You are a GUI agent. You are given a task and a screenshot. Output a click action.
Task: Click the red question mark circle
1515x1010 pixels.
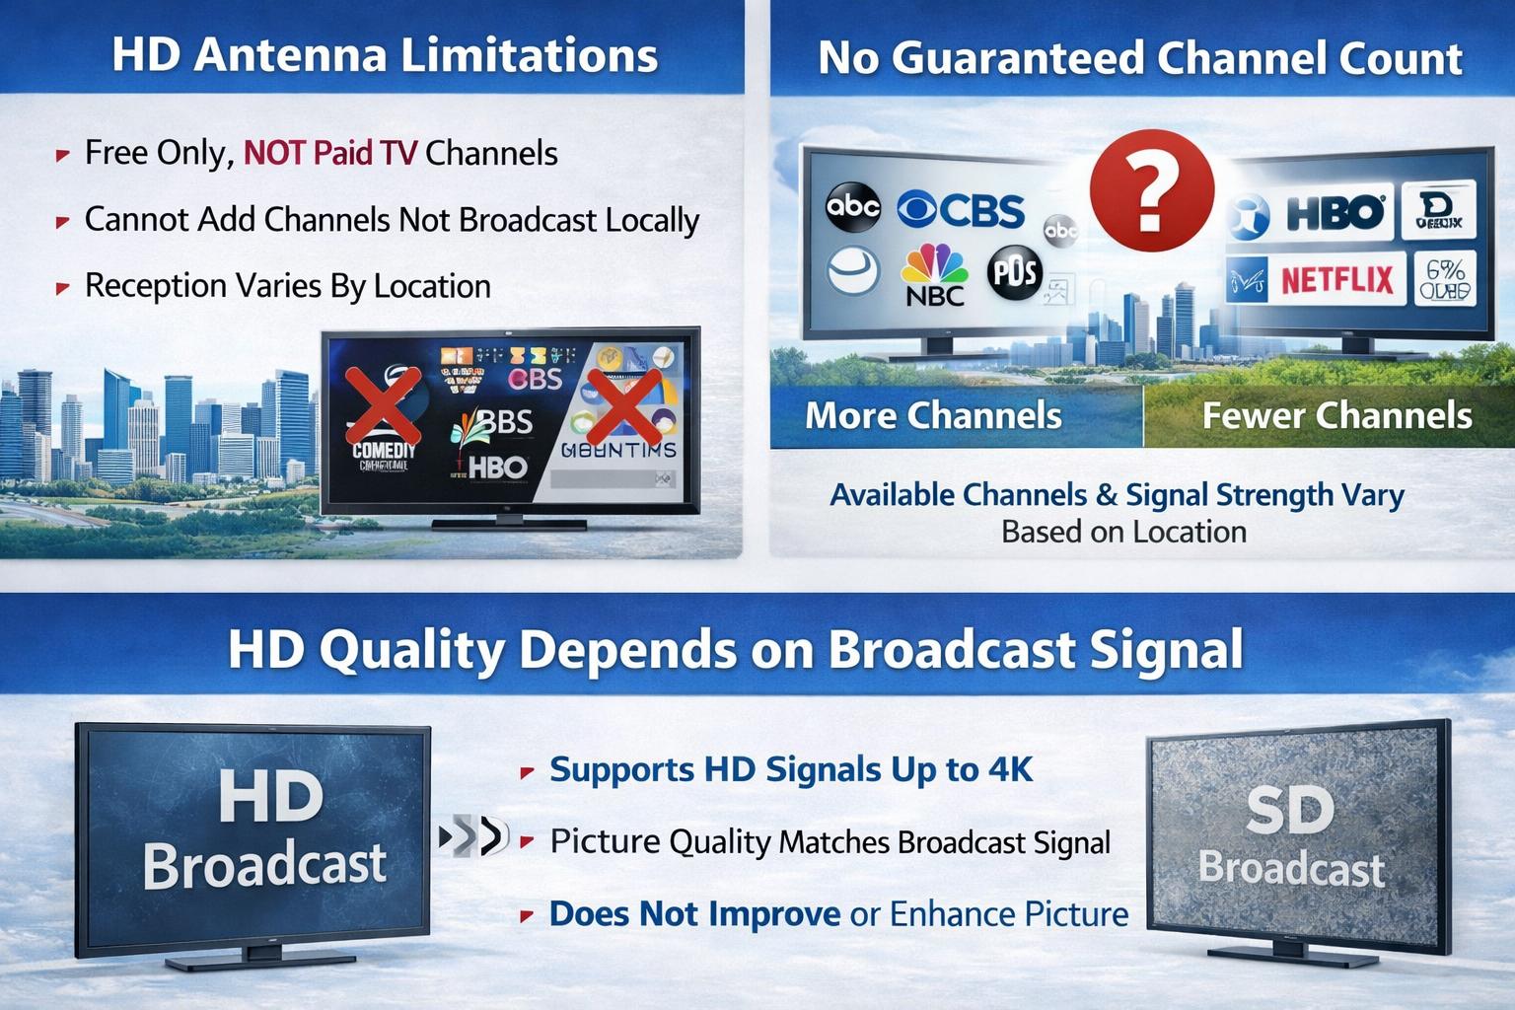coord(1151,190)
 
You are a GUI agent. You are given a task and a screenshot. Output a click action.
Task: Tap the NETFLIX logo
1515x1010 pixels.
coord(1336,281)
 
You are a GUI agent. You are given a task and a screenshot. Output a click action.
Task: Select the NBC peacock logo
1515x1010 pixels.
coord(933,274)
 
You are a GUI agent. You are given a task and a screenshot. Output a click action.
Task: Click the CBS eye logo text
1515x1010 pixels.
coord(962,210)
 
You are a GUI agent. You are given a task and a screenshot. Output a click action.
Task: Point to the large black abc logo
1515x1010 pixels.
coord(852,206)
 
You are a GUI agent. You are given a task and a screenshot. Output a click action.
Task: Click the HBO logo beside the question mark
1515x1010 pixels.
coord(1335,213)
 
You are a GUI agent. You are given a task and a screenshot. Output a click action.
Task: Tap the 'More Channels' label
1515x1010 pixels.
coord(933,415)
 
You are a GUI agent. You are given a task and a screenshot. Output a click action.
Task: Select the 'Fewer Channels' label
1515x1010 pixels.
coord(1336,415)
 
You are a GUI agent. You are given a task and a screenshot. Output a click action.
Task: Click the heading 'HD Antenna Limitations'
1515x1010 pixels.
coord(385,54)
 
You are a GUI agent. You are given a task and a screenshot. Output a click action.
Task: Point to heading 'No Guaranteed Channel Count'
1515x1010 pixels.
coord(1139,58)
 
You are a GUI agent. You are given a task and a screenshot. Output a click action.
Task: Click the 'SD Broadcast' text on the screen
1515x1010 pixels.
coord(1291,838)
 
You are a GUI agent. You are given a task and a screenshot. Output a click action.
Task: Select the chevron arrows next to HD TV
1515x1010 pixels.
coord(471,837)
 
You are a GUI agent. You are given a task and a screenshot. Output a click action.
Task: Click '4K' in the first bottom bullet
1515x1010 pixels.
coord(1010,769)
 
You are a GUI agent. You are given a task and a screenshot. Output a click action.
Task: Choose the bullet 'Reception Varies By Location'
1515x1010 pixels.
coord(287,286)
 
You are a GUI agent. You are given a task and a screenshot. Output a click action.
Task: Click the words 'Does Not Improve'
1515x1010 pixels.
coord(694,914)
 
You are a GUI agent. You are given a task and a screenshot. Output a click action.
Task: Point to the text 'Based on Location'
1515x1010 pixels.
coord(1123,532)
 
